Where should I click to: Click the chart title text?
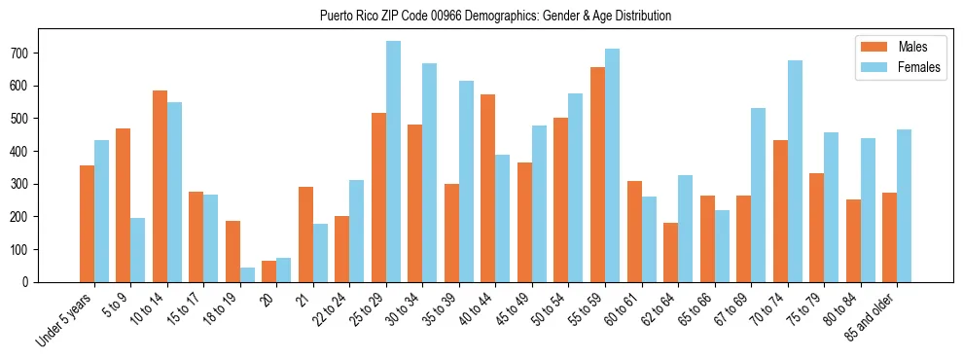coord(495,17)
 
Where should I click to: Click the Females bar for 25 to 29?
coord(393,162)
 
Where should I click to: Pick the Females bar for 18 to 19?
coord(247,274)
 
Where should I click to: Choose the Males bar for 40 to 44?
coord(488,189)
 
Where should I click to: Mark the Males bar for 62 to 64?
coord(670,253)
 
